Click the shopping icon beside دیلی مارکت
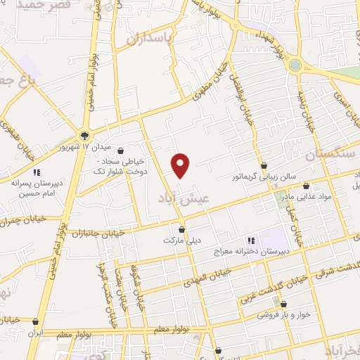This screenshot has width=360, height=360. pos(182,229)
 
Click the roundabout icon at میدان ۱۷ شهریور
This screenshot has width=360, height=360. pos(84,135)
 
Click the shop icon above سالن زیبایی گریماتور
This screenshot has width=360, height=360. pos(264,167)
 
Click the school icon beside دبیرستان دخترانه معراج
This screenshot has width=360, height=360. pos(251,240)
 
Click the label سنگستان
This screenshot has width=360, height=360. pos(332,153)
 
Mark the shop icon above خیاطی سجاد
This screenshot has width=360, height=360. pos(123,150)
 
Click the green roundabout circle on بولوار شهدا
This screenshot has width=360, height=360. pos(295,65)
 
